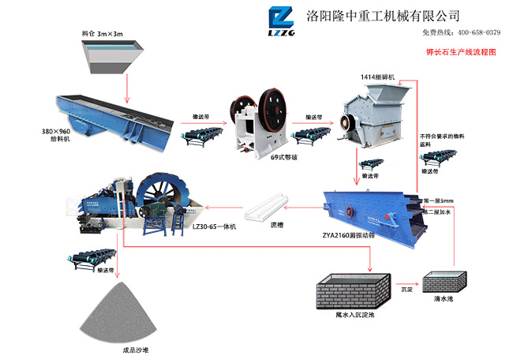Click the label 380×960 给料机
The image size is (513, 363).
click(56, 133)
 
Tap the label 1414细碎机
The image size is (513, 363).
click(377, 77)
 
